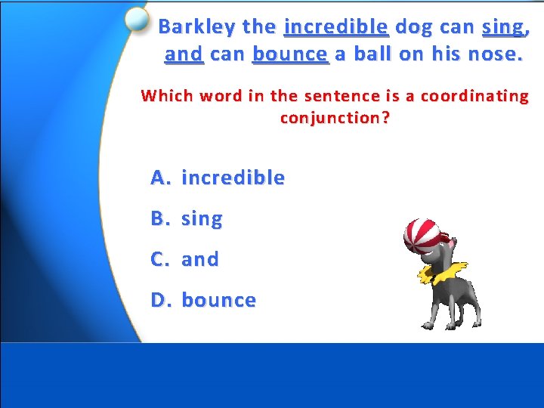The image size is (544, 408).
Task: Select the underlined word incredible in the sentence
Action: (x=335, y=27)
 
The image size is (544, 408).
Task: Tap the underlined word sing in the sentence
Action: (x=502, y=28)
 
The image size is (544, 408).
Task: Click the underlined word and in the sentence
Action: (x=184, y=54)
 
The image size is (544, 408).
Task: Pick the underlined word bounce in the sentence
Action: (x=291, y=54)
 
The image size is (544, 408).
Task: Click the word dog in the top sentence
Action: (x=413, y=27)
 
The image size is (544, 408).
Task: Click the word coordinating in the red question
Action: (x=474, y=96)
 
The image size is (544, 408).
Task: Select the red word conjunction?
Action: (x=335, y=118)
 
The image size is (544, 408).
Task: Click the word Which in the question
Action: (x=164, y=96)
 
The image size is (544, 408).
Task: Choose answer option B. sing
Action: (x=187, y=219)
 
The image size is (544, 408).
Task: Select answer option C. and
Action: (x=185, y=260)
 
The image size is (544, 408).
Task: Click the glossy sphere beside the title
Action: (x=138, y=20)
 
